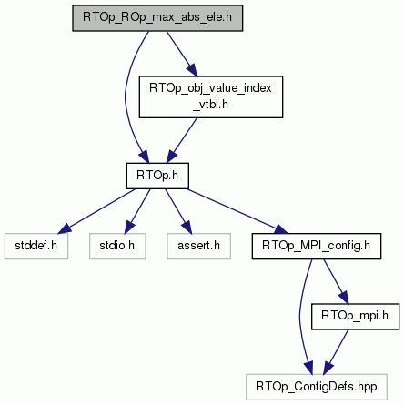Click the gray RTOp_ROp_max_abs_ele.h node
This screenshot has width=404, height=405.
[157, 18]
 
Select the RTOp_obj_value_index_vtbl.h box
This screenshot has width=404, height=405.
[211, 97]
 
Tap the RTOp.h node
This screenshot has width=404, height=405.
[157, 176]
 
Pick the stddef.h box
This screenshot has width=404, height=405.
[36, 246]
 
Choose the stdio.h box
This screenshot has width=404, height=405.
[117, 246]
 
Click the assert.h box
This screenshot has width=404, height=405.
[198, 246]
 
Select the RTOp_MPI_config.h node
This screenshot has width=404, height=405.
[317, 246]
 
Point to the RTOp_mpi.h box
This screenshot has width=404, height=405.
[355, 317]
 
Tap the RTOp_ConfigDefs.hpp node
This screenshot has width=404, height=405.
[317, 387]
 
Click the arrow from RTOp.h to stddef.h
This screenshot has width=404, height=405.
[96, 211]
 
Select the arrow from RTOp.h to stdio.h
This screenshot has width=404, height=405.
[137, 211]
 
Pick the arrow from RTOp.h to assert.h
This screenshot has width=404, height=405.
[178, 211]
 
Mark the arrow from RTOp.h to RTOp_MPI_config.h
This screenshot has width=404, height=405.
[237, 211]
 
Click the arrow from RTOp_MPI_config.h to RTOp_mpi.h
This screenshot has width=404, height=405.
[336, 281]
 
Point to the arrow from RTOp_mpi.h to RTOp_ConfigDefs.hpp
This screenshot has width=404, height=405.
[336, 352]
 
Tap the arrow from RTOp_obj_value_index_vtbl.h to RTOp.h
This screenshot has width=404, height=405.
[182, 140]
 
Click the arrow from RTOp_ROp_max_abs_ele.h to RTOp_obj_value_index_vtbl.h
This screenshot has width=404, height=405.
[182, 54]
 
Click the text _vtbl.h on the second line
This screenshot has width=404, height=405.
[210, 105]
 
